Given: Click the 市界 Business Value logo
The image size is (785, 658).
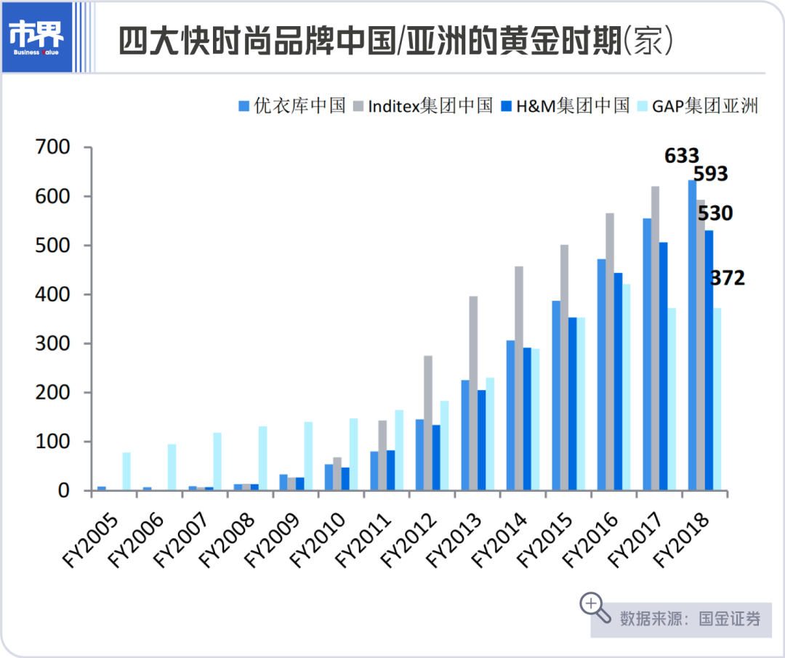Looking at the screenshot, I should coord(37,37).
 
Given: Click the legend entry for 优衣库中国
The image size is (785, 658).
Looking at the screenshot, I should coord(291,106).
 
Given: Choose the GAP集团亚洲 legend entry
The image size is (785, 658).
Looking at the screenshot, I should coord(697,106).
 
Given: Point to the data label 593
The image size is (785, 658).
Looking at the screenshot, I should coord(710,174).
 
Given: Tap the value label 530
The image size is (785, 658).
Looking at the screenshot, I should coord(715,214).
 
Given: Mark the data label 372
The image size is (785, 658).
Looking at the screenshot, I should coord(727,277).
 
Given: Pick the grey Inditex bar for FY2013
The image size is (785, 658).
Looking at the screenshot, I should coord(474,393).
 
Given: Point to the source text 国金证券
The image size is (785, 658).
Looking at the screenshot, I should coord(730,619).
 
